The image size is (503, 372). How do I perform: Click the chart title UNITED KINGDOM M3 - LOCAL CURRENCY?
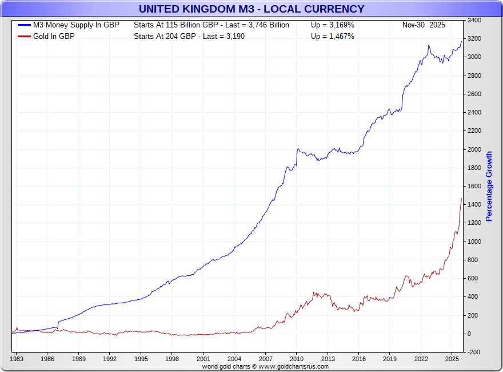click(251, 9)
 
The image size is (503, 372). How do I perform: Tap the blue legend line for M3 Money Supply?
click(24, 25)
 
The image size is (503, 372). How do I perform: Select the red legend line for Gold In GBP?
click(24, 37)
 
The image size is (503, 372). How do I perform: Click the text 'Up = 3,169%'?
click(333, 25)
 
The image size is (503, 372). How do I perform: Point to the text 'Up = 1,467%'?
click(333, 37)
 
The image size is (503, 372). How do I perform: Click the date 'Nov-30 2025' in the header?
click(424, 25)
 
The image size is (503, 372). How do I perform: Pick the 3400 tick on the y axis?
click(474, 21)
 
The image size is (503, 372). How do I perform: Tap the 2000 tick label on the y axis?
click(474, 149)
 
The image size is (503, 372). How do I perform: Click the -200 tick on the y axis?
click(474, 352)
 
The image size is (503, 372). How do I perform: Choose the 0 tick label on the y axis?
click(470, 334)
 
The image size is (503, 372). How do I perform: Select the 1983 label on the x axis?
click(17, 359)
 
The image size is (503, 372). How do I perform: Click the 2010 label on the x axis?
click(296, 359)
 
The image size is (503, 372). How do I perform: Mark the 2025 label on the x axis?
click(452, 359)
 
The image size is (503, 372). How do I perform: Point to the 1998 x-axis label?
click(172, 359)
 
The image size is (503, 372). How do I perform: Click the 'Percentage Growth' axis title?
click(489, 187)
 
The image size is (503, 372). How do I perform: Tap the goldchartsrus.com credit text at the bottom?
click(265, 366)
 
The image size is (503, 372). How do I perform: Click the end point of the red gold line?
click(461, 199)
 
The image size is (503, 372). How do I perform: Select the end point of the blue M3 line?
click(461, 41)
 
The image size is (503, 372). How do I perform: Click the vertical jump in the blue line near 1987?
click(58, 324)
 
